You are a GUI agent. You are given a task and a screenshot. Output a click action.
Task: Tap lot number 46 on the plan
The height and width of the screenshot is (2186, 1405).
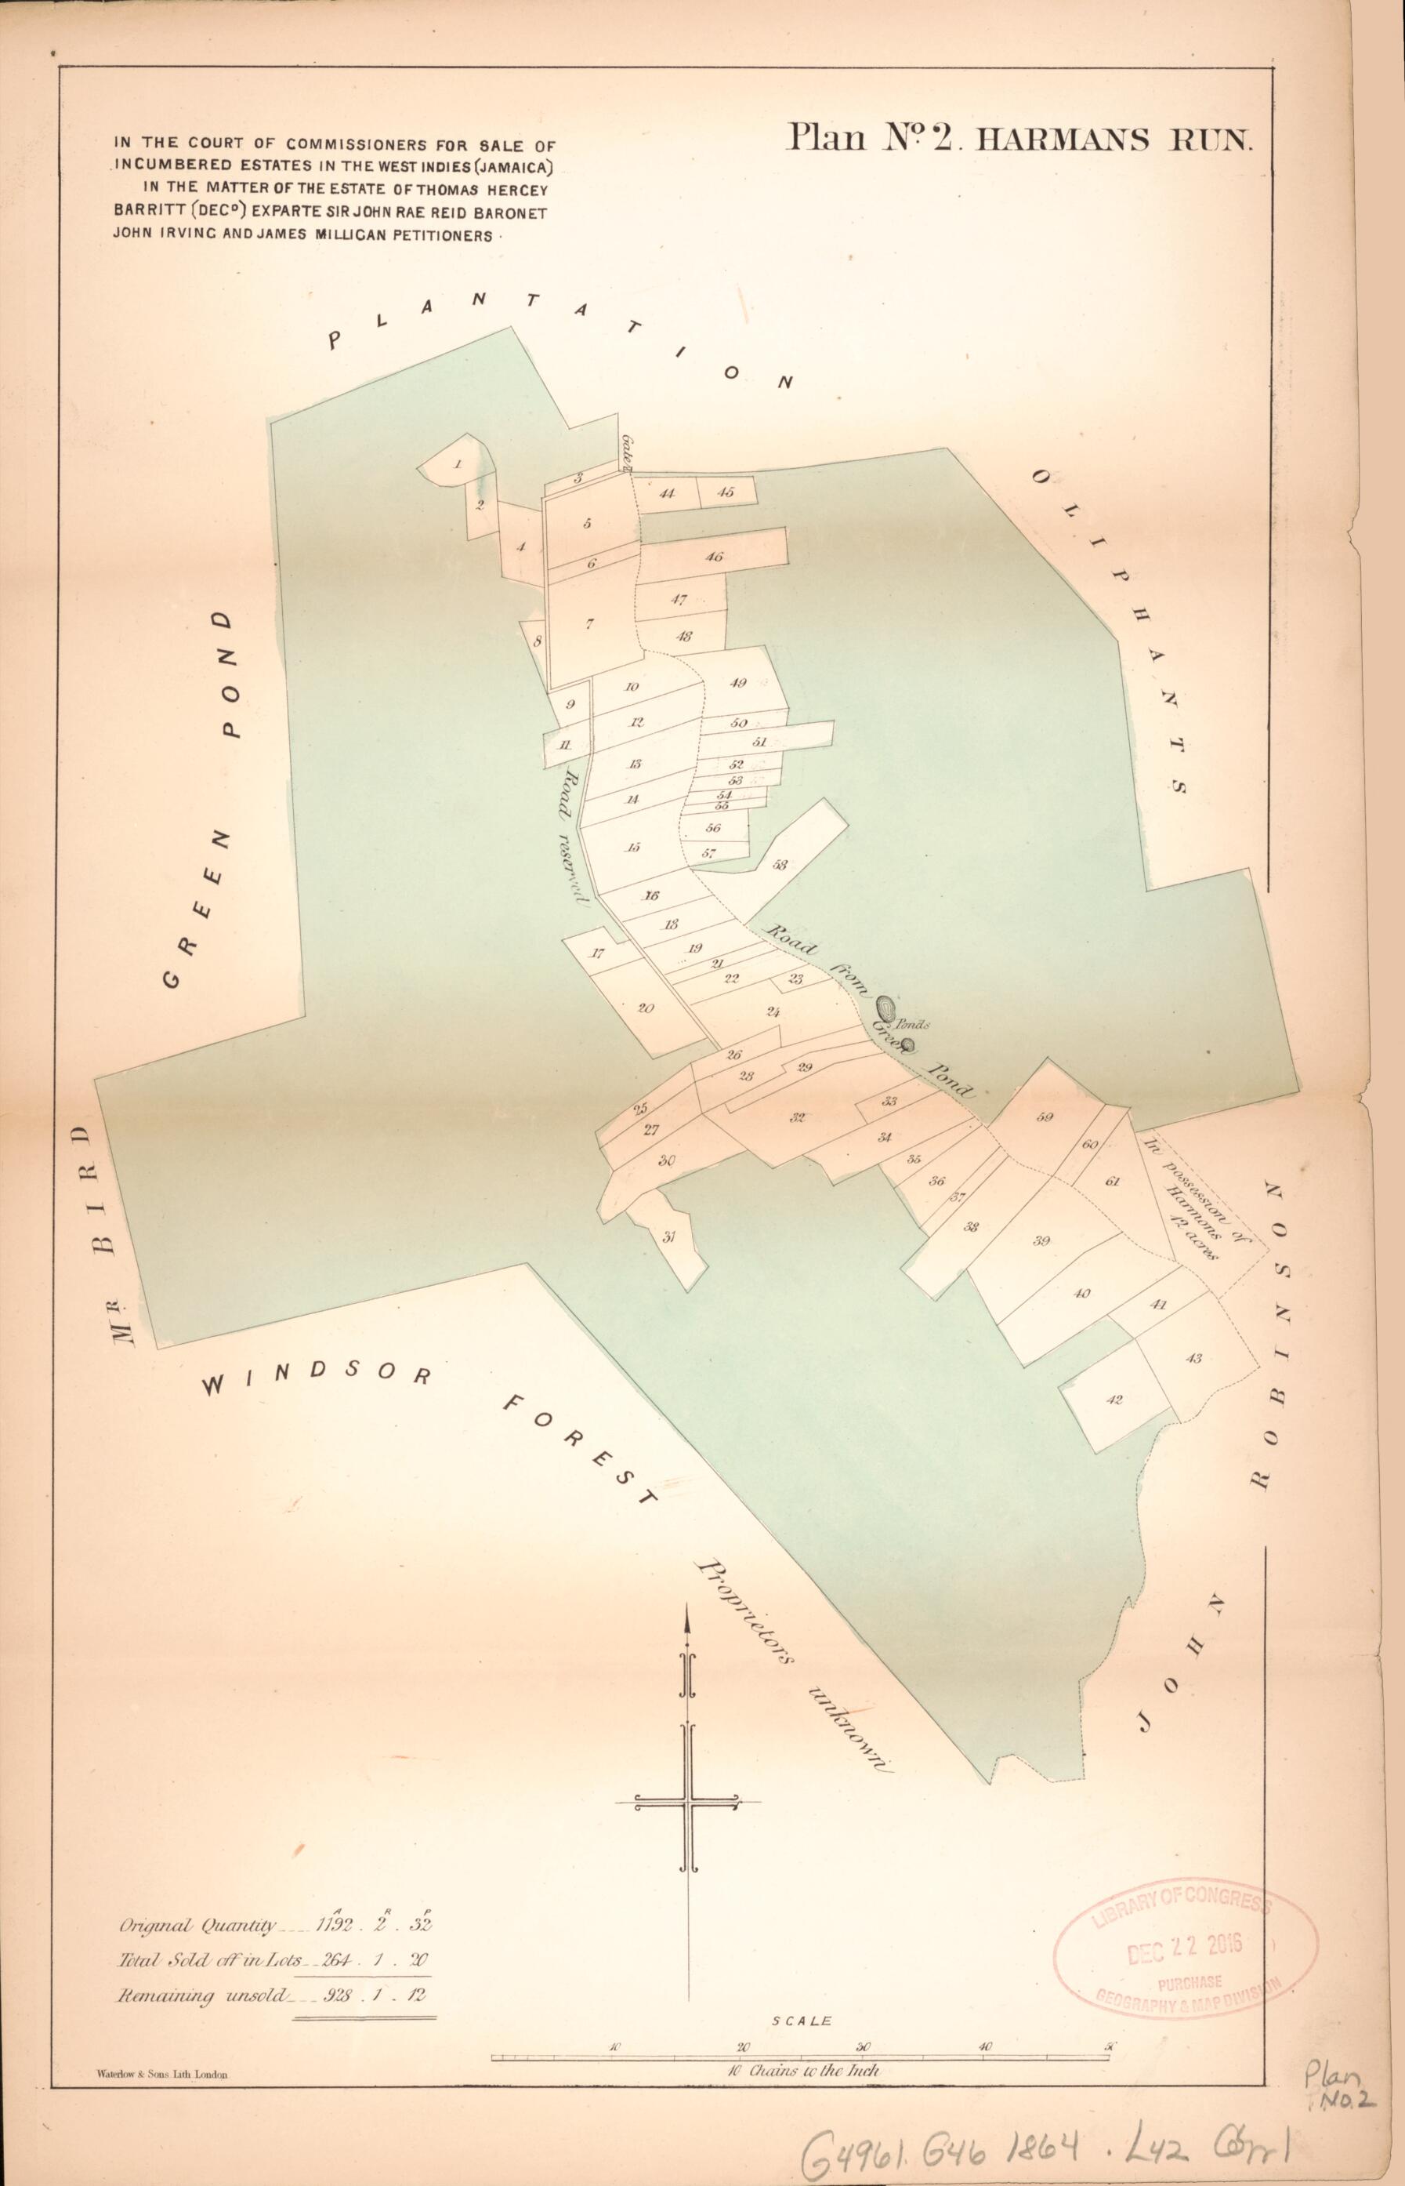tap(715, 556)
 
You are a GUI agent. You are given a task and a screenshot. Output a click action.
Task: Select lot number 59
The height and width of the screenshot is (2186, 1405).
tap(1045, 1117)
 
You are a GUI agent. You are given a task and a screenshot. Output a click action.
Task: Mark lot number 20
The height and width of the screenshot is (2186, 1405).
tap(646, 1008)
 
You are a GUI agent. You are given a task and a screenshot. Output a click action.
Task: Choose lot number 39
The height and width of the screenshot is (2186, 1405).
tap(1042, 1240)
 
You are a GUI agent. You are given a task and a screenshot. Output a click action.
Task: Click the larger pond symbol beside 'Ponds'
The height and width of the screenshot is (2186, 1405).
tap(885, 1007)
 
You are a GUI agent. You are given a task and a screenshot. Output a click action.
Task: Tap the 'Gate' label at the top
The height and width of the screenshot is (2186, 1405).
tap(628, 451)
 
